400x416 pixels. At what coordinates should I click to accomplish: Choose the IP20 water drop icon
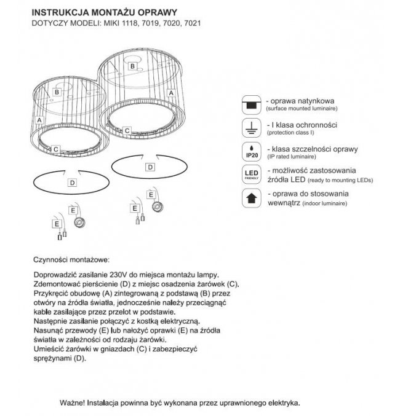click(250, 151)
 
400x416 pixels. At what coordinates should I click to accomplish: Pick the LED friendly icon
click(250, 175)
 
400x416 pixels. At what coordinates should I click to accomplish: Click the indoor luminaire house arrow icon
click(250, 198)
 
